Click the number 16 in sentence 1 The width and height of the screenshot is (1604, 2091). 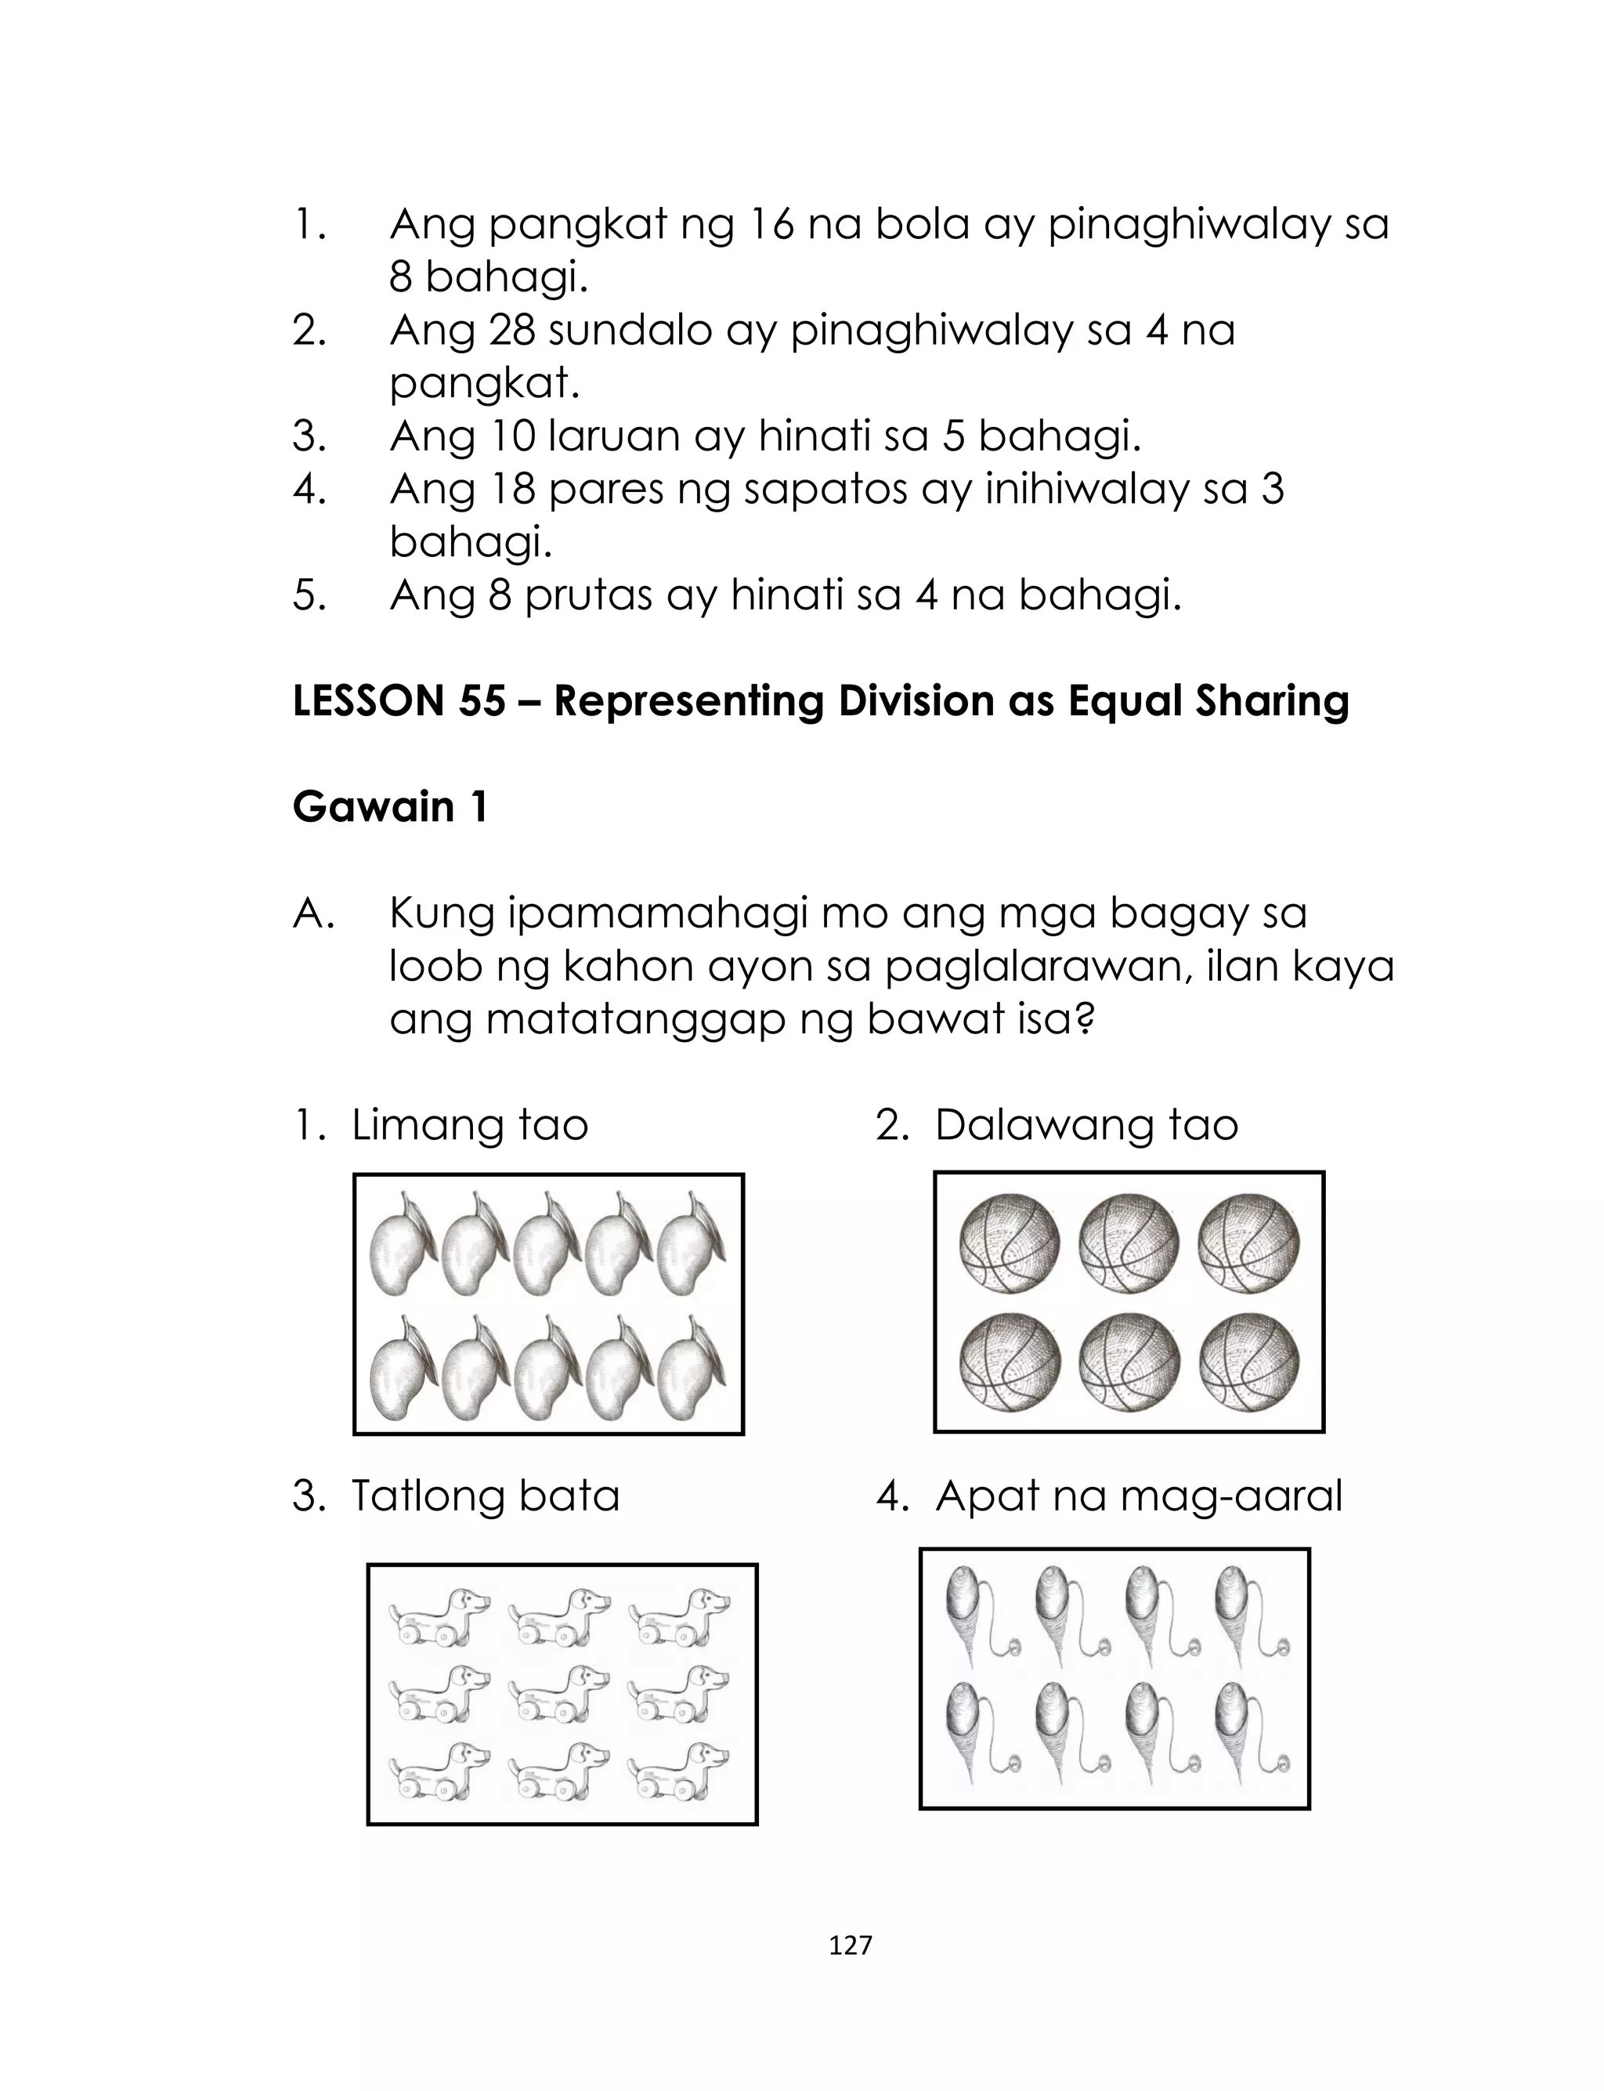tap(771, 226)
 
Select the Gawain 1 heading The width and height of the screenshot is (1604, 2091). tap(389, 807)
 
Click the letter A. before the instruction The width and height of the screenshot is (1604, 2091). tap(313, 913)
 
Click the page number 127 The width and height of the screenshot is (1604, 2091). tap(850, 1945)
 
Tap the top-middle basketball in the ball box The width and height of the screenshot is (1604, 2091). tap(1129, 1243)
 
